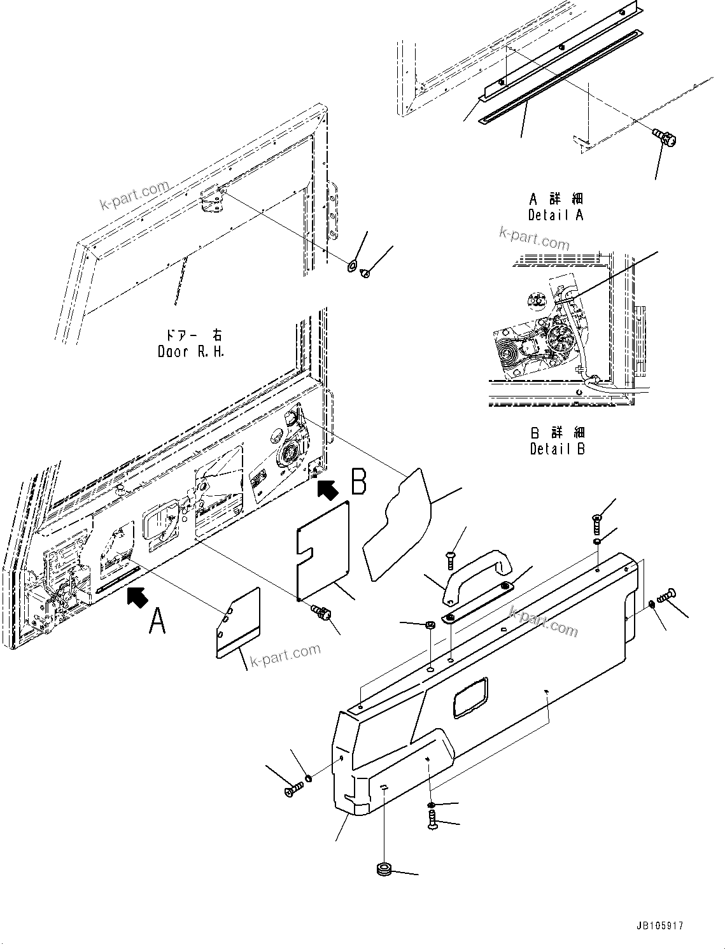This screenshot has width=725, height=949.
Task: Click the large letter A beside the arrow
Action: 157,621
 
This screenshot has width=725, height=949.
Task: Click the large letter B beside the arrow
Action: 358,481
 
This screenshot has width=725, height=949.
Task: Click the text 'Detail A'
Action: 555,215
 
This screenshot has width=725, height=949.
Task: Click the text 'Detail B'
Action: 557,449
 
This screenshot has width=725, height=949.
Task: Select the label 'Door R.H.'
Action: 190,351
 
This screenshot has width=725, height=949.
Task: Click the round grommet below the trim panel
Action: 384,869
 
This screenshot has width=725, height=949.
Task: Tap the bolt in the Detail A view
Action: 665,136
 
